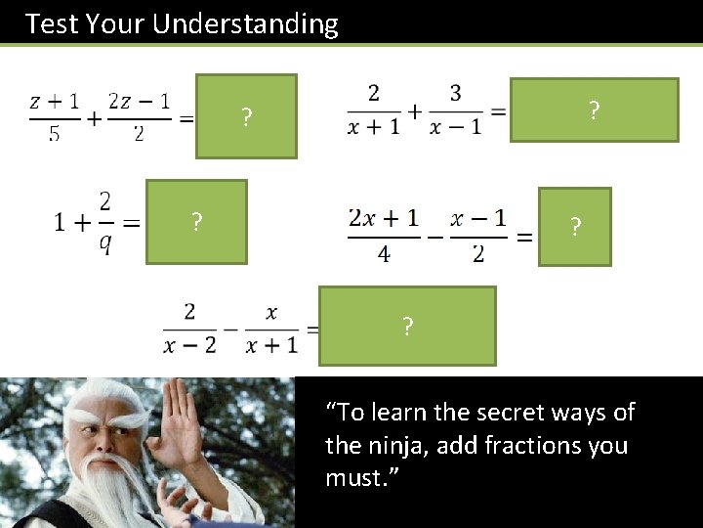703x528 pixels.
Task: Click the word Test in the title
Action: coord(52,23)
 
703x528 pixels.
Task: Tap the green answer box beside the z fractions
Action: coord(246,116)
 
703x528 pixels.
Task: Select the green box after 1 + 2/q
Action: coord(196,222)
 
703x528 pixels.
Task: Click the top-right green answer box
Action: coord(594,110)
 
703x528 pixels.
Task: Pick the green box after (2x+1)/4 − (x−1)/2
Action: coord(574,227)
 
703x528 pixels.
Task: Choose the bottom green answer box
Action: coord(407,326)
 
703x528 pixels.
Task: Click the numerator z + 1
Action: coord(55,102)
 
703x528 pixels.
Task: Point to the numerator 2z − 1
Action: coord(138,102)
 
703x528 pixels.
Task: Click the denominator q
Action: coord(104,244)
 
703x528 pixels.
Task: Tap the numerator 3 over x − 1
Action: coord(455,93)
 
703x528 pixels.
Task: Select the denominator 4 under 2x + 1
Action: coord(384,254)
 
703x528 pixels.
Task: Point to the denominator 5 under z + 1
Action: coord(55,134)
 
